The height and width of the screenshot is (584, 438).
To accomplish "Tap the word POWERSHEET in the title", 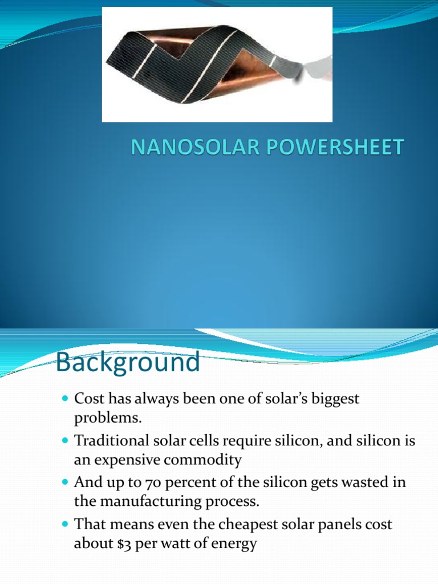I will tap(320, 148).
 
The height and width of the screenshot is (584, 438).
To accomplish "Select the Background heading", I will tap(128, 362).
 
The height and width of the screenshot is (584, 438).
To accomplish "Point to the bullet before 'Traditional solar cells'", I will tap(64, 441).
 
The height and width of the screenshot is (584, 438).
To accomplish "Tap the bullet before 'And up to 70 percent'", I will tap(64, 483).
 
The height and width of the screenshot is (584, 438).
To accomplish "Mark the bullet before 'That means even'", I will tap(64, 525).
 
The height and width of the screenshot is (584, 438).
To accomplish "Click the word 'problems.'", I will tap(107, 419).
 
